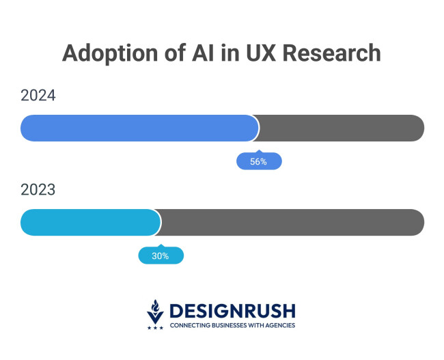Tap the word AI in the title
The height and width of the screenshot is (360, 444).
[x=198, y=53]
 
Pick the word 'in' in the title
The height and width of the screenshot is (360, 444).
[x=224, y=53]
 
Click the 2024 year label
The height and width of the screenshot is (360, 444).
[x=38, y=96]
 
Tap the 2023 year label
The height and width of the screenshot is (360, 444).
[x=38, y=190]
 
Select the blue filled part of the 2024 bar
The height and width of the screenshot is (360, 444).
[x=139, y=128]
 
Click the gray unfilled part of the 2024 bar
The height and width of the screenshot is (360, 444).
[x=342, y=128]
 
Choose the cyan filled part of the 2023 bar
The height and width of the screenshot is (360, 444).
[x=90, y=222]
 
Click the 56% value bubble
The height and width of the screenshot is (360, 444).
[x=258, y=162]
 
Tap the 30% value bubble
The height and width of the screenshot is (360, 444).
[x=161, y=256]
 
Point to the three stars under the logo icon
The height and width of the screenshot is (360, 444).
[x=155, y=327]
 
